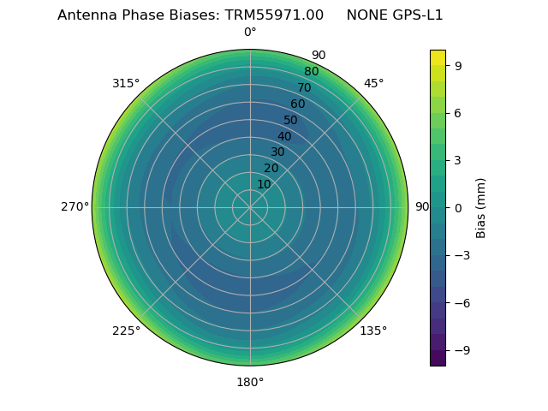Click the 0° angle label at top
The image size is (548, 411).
pyautogui.click(x=250, y=33)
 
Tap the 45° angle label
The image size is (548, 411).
pyautogui.click(x=374, y=84)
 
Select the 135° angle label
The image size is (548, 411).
pyautogui.click(x=373, y=331)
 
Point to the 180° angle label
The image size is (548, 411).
pyautogui.click(x=250, y=382)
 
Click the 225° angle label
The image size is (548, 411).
pyautogui.click(x=126, y=331)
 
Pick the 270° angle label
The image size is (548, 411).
pyautogui.click(x=74, y=207)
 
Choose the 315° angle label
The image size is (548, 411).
pyautogui.click(x=126, y=84)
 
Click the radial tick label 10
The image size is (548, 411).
pyautogui.click(x=264, y=184)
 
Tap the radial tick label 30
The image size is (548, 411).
pyautogui.click(x=277, y=152)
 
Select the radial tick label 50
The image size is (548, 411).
pyautogui.click(x=291, y=121)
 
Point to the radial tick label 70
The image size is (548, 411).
pyautogui.click(x=305, y=88)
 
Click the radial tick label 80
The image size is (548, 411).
pyautogui.click(x=312, y=72)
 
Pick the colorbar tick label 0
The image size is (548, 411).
pyautogui.click(x=458, y=208)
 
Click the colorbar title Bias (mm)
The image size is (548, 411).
pyautogui.click(x=481, y=208)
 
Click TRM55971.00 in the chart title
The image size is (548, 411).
pyautogui.click(x=274, y=15)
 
